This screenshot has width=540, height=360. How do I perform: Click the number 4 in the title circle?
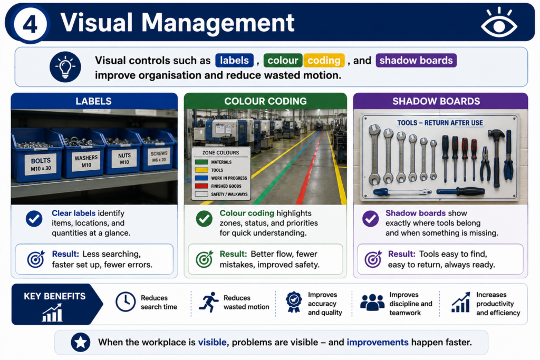(30, 25)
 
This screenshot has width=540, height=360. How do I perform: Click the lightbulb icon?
(65, 67)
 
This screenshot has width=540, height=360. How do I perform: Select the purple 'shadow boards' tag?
(416, 60)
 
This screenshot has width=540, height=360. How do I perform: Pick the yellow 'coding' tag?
(324, 60)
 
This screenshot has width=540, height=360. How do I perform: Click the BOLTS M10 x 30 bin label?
(41, 164)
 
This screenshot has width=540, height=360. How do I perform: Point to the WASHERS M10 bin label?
(86, 161)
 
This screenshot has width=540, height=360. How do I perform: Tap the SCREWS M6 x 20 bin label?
(159, 156)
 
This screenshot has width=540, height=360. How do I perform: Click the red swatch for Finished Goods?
(201, 186)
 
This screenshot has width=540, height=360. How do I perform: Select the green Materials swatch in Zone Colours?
(201, 162)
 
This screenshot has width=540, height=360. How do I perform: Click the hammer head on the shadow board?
(496, 134)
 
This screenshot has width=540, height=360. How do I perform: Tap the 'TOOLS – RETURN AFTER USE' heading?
(440, 123)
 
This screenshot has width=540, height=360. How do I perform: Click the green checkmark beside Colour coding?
(204, 219)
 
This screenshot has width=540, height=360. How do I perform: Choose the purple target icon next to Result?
(373, 259)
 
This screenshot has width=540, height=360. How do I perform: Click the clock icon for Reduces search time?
(126, 302)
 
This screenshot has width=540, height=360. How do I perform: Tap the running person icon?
(208, 302)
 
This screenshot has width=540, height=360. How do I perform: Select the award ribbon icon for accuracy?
(294, 302)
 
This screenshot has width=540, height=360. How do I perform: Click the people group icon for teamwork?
(372, 303)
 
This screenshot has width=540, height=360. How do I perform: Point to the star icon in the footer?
(81, 342)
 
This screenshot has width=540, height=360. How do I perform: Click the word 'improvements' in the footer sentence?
(378, 342)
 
